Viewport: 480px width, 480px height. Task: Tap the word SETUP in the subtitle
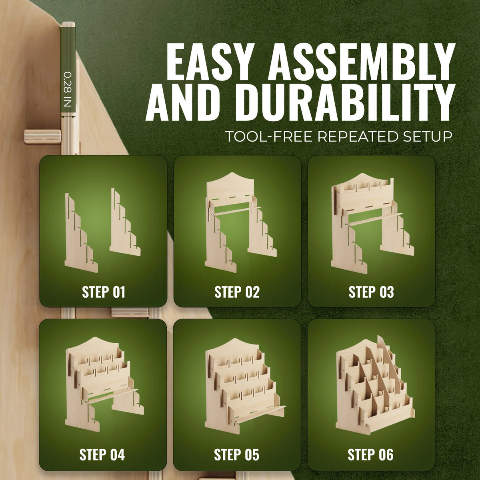[x=428, y=136]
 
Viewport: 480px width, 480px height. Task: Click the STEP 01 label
[x=103, y=292]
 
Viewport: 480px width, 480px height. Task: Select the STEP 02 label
[x=237, y=292]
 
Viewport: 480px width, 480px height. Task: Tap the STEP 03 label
[x=371, y=292]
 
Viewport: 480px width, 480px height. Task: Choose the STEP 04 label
[x=102, y=454]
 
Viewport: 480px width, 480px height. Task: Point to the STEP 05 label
[x=236, y=454]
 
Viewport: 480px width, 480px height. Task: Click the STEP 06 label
[x=370, y=454]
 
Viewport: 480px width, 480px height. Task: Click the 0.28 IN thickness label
[x=68, y=90]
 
